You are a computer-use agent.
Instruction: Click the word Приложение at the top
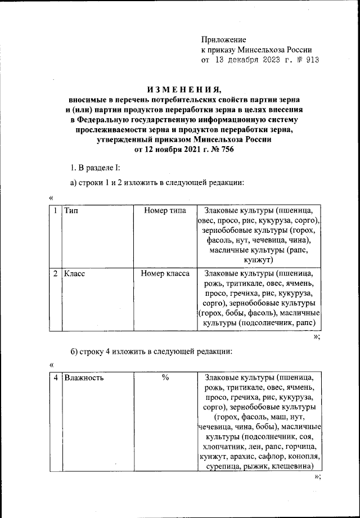pyautogui.click(x=224, y=39)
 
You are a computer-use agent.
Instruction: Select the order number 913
pyautogui.click(x=311, y=60)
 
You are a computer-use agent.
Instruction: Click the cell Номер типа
pyautogui.click(x=165, y=211)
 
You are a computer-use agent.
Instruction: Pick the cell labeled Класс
pyautogui.click(x=74, y=274)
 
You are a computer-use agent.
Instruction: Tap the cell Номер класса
pyautogui.click(x=166, y=274)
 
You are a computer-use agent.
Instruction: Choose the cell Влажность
pyautogui.click(x=84, y=378)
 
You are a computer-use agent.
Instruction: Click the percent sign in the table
pyautogui.click(x=166, y=378)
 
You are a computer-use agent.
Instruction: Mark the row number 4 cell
pyautogui.click(x=55, y=378)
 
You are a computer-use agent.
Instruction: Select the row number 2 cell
pyautogui.click(x=55, y=274)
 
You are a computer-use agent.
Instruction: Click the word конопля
pyautogui.click(x=307, y=456)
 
